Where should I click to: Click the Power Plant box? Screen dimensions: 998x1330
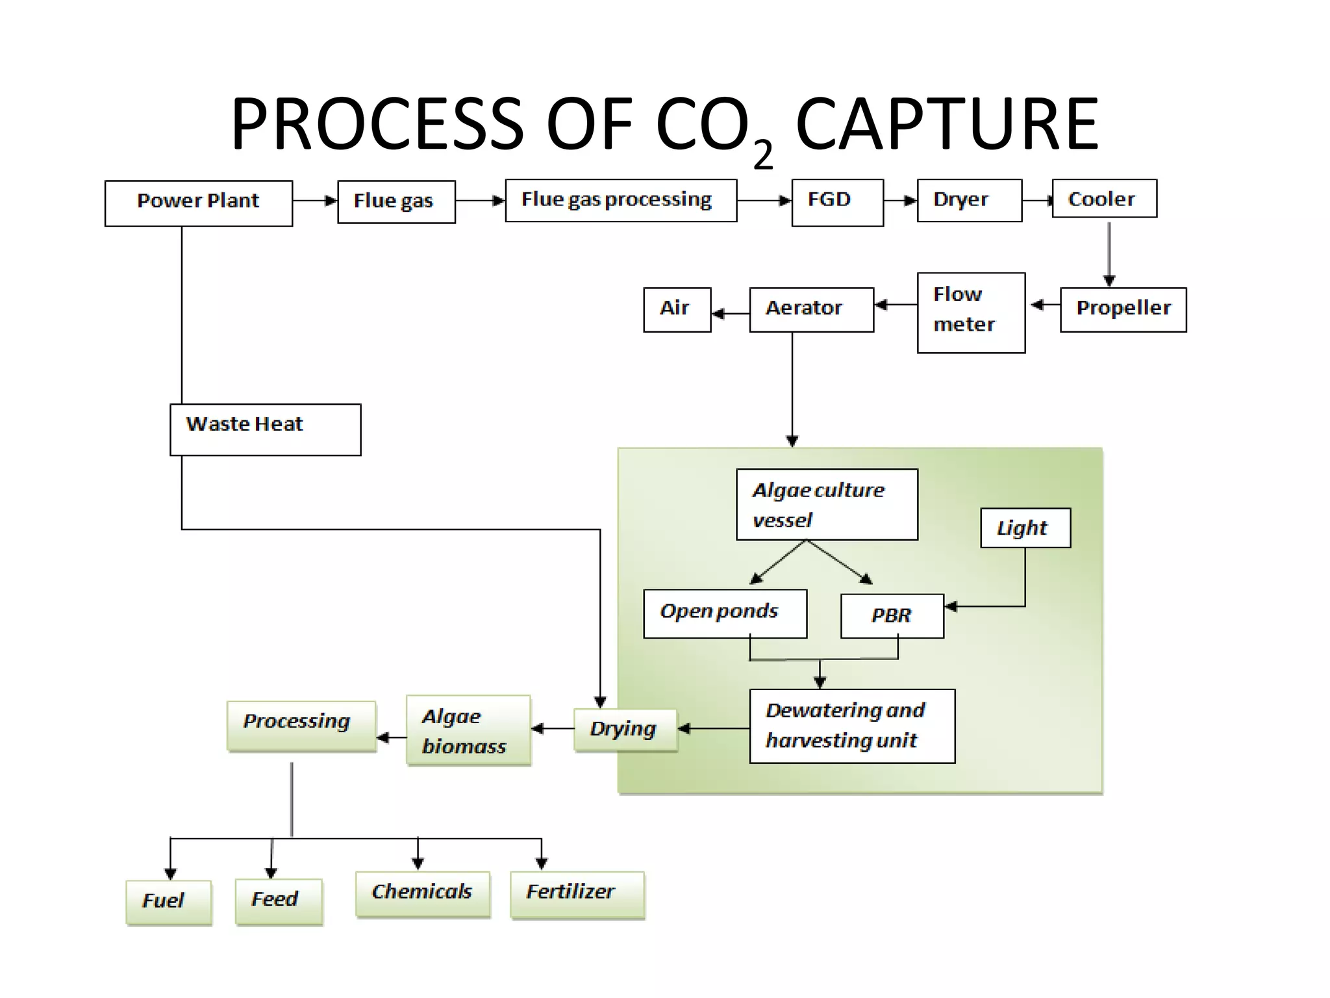[x=199, y=203]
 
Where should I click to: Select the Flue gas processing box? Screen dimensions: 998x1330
[x=621, y=200]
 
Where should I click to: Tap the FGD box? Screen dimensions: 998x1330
[x=837, y=202]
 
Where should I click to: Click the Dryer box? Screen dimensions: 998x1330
[x=969, y=200]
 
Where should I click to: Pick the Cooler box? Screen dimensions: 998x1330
[x=1104, y=198]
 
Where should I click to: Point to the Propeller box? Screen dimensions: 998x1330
[x=1123, y=309]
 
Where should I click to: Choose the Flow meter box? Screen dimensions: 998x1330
[x=971, y=313]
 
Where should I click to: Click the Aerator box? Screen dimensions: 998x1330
[x=811, y=309]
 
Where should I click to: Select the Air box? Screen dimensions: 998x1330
[x=677, y=309]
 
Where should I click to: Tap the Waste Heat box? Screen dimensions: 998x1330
[x=265, y=429]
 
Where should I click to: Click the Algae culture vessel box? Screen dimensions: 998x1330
[x=827, y=504]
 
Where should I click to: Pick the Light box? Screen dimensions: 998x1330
[x=1025, y=528]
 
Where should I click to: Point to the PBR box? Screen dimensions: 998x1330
[x=892, y=615]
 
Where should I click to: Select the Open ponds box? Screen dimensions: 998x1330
[x=725, y=613]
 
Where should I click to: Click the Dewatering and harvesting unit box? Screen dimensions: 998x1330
[x=851, y=726]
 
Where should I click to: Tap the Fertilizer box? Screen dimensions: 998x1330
[x=577, y=894]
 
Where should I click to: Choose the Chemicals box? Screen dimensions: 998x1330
[x=423, y=894]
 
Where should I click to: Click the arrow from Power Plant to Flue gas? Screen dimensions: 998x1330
[x=315, y=201]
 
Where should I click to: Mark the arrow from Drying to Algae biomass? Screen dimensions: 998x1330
[x=552, y=728]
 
